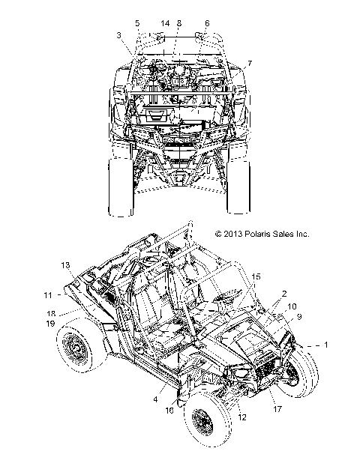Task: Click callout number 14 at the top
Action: (165, 23)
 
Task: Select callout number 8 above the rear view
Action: (179, 23)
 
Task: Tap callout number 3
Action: (118, 35)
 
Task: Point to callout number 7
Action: (250, 64)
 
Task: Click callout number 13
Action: (65, 265)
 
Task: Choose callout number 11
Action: (48, 295)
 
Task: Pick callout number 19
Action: (50, 324)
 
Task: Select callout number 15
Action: (256, 276)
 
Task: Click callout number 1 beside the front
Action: (325, 345)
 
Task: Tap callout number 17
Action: (277, 408)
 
